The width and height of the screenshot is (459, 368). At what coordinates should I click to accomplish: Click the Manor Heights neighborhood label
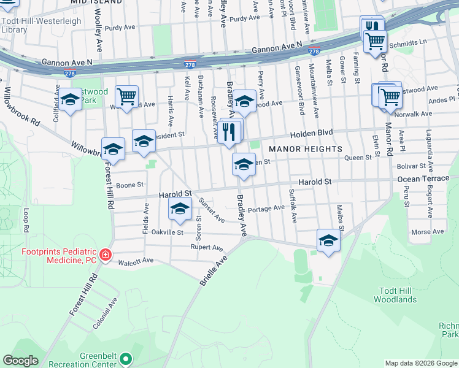(x=305, y=149)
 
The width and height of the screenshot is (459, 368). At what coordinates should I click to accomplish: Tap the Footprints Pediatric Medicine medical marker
(x=106, y=255)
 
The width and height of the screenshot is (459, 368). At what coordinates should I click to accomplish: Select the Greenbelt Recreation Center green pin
(x=126, y=358)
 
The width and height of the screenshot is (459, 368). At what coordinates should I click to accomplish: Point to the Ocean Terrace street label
(x=423, y=178)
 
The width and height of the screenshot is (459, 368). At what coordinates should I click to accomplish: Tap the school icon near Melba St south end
(x=328, y=240)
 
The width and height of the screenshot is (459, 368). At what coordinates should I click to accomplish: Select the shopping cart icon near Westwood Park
(x=126, y=96)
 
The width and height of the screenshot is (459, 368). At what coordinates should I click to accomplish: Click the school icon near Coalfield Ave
(x=70, y=100)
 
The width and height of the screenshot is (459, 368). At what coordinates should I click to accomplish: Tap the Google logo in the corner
(x=20, y=361)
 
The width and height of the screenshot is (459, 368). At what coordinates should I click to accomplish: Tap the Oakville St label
(x=167, y=232)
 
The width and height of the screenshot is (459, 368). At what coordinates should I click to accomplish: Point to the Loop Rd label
(x=26, y=220)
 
